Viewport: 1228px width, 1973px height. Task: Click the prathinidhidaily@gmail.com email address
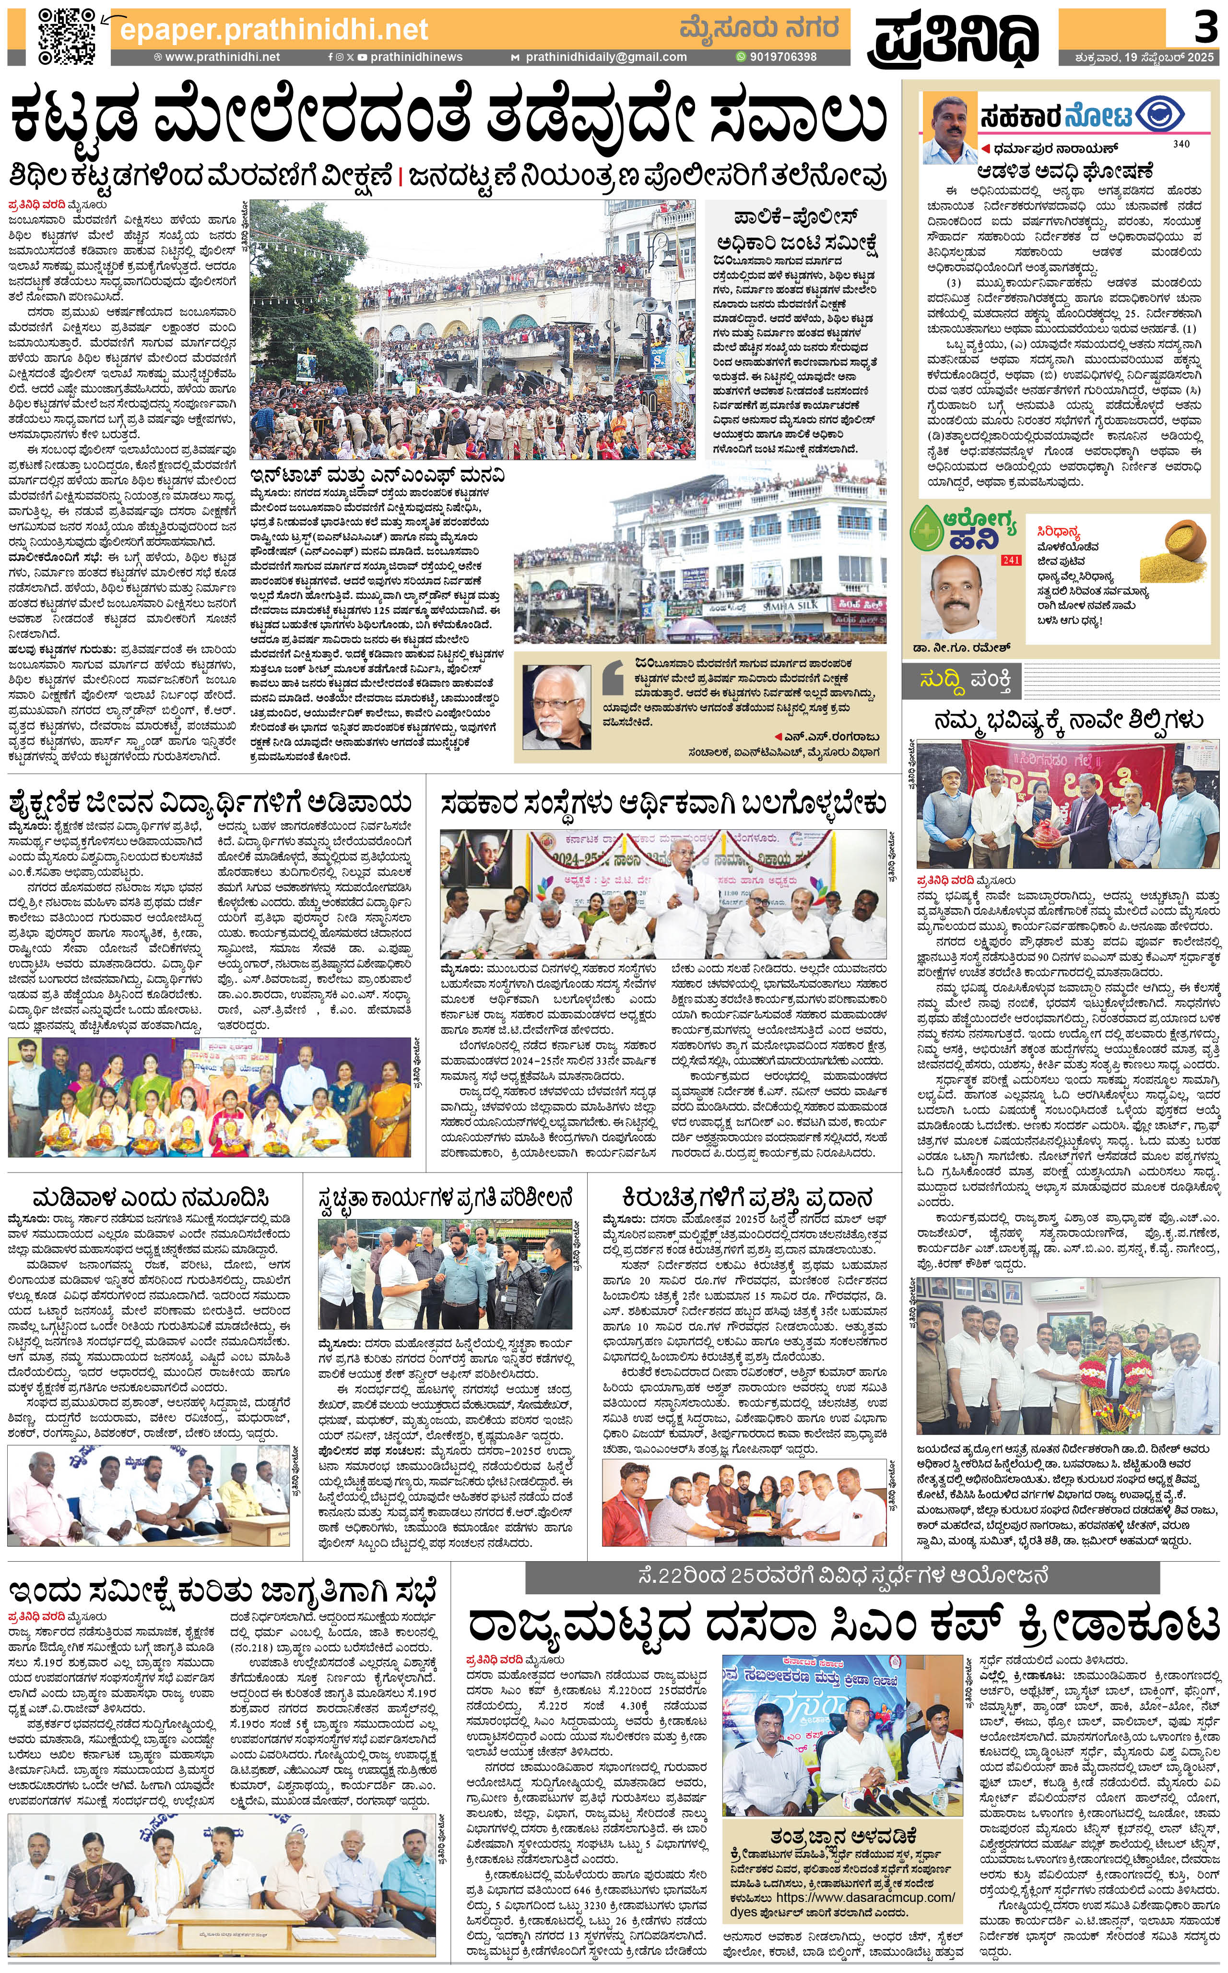[x=606, y=57]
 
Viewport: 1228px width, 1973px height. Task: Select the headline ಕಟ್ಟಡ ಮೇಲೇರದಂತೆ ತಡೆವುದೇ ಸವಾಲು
[x=447, y=118]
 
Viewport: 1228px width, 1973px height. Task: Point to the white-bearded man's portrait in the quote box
[x=557, y=706]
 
